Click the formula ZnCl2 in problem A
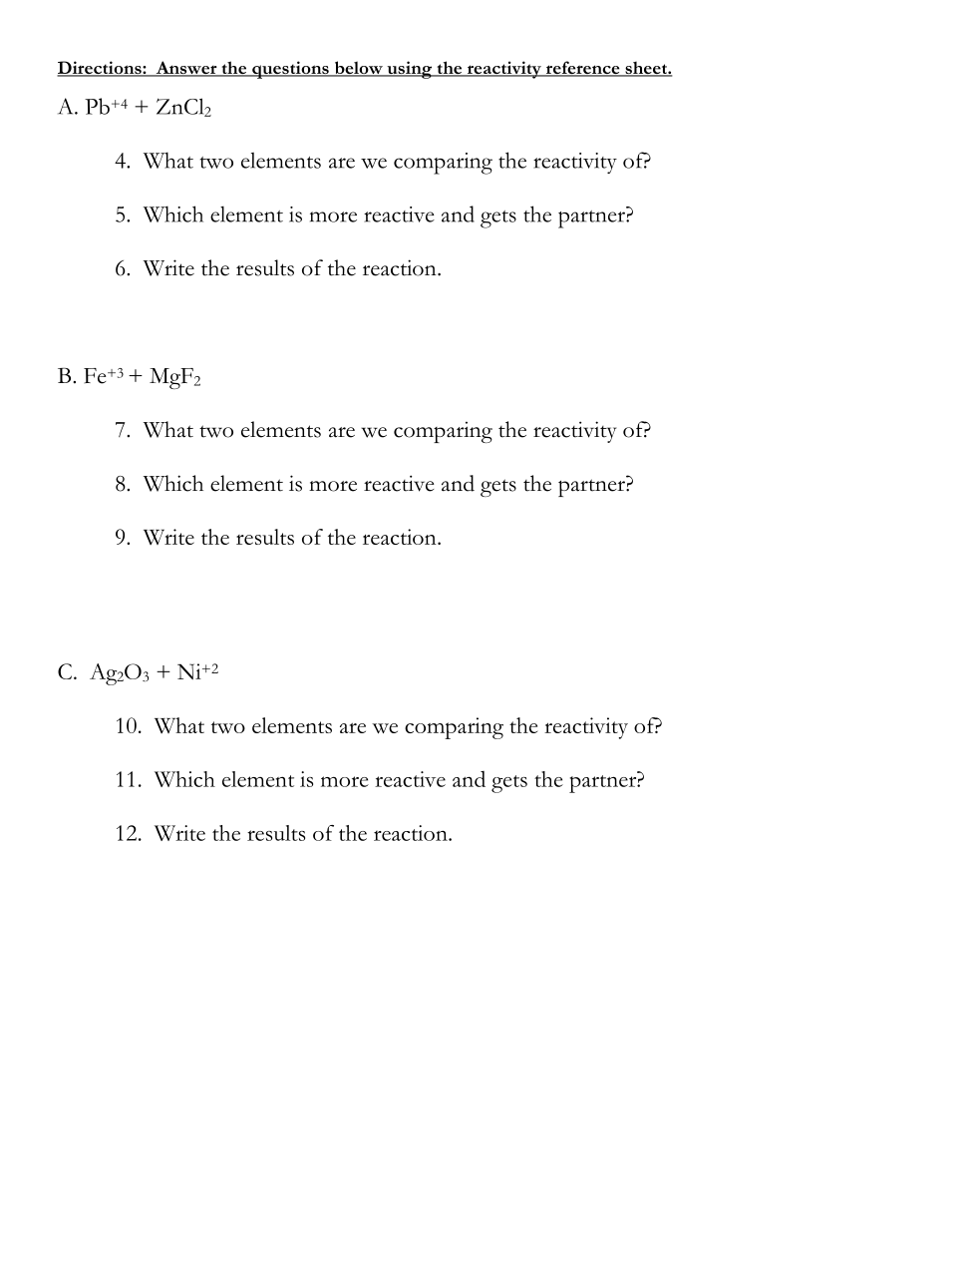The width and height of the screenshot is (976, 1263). [x=183, y=108]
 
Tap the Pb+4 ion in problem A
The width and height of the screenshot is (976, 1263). [x=107, y=107]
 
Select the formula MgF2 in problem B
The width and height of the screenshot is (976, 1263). [x=174, y=377]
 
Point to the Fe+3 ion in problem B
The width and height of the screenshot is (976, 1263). [x=103, y=376]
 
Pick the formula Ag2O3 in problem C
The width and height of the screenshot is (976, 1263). [x=120, y=673]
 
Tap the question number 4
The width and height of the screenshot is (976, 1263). [x=122, y=162]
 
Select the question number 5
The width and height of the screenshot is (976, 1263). [x=122, y=215]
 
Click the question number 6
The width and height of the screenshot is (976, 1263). [x=122, y=269]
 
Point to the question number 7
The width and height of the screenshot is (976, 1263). [x=122, y=431]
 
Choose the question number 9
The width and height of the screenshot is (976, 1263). [x=122, y=539]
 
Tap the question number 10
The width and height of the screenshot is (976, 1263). [x=128, y=726]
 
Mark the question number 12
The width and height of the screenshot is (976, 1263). [x=128, y=834]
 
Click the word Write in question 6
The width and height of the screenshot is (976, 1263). [x=168, y=269]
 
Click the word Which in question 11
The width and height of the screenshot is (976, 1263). [x=183, y=780]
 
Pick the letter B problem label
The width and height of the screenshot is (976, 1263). [x=66, y=377]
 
